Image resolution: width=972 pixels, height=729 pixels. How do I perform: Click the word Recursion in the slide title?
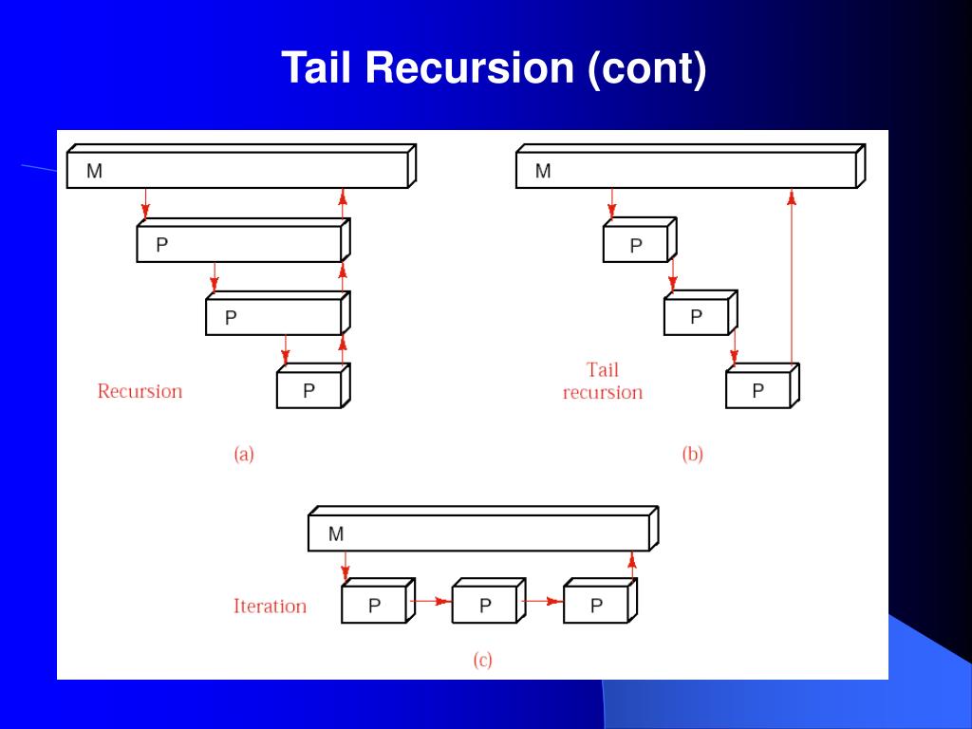click(469, 67)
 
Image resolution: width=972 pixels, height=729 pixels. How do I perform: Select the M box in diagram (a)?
click(242, 166)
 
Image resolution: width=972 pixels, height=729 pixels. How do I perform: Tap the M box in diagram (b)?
click(691, 166)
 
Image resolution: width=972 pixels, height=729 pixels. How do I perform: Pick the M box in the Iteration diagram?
click(483, 529)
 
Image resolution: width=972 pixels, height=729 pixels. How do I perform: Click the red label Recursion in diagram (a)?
click(140, 391)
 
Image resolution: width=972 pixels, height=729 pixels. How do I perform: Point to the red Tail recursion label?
click(603, 382)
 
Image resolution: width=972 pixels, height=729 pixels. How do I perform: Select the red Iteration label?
click(271, 606)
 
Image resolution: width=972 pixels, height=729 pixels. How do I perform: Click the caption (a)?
click(244, 455)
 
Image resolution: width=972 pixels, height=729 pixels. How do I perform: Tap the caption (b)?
click(692, 455)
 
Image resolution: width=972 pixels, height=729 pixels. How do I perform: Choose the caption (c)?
click(483, 660)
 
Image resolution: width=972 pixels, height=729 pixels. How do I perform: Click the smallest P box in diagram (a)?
click(313, 385)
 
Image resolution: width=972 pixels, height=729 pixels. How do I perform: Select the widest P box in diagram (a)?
click(244, 240)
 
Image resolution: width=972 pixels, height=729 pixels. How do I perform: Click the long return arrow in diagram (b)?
click(792, 276)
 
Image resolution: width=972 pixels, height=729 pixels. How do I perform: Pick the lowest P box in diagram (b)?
click(762, 385)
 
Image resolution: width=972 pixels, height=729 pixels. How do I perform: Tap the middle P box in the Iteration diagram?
click(489, 601)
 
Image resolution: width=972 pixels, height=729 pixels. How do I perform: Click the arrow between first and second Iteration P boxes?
click(433, 601)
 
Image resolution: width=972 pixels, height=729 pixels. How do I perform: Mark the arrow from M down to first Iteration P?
click(346, 566)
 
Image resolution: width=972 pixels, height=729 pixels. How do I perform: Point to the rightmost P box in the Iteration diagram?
click(600, 601)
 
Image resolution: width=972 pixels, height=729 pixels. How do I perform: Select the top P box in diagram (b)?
click(640, 240)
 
